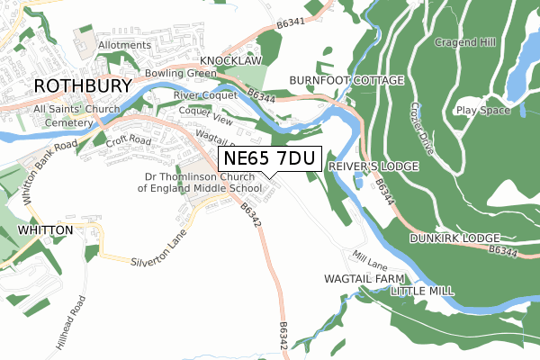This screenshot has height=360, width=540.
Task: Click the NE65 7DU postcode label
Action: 270,159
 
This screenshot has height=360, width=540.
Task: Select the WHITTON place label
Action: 44,231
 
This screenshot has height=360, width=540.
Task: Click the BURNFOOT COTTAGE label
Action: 346,80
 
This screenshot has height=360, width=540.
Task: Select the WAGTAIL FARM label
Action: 360,280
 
